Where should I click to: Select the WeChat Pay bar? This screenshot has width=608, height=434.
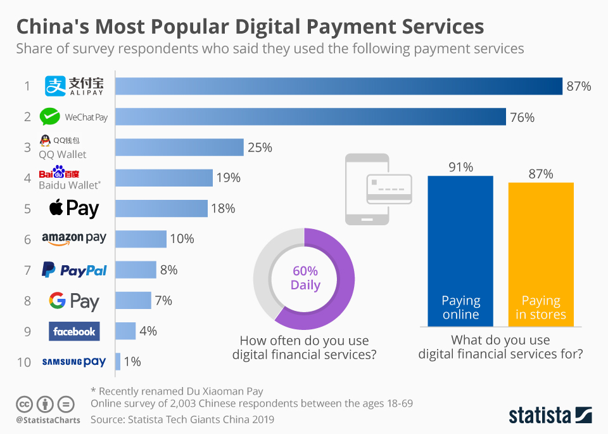310,117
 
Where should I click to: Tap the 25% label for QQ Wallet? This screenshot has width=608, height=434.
260,147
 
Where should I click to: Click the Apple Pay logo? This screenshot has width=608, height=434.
74,208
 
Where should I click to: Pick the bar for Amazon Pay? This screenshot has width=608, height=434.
141,239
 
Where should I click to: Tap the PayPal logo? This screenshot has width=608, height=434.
74,270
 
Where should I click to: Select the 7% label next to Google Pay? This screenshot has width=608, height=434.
163,301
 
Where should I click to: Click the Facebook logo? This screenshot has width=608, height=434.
74,331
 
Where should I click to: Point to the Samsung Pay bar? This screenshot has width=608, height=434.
118,362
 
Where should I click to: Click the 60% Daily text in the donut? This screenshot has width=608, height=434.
305,277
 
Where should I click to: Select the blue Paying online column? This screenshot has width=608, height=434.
460,251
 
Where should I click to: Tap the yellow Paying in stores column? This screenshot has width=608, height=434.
541,254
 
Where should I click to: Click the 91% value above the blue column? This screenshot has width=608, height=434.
460,168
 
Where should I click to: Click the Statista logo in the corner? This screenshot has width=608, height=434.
550,416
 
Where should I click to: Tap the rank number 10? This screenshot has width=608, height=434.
24,362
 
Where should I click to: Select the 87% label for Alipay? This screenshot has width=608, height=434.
579,86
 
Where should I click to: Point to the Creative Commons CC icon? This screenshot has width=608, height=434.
24,404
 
